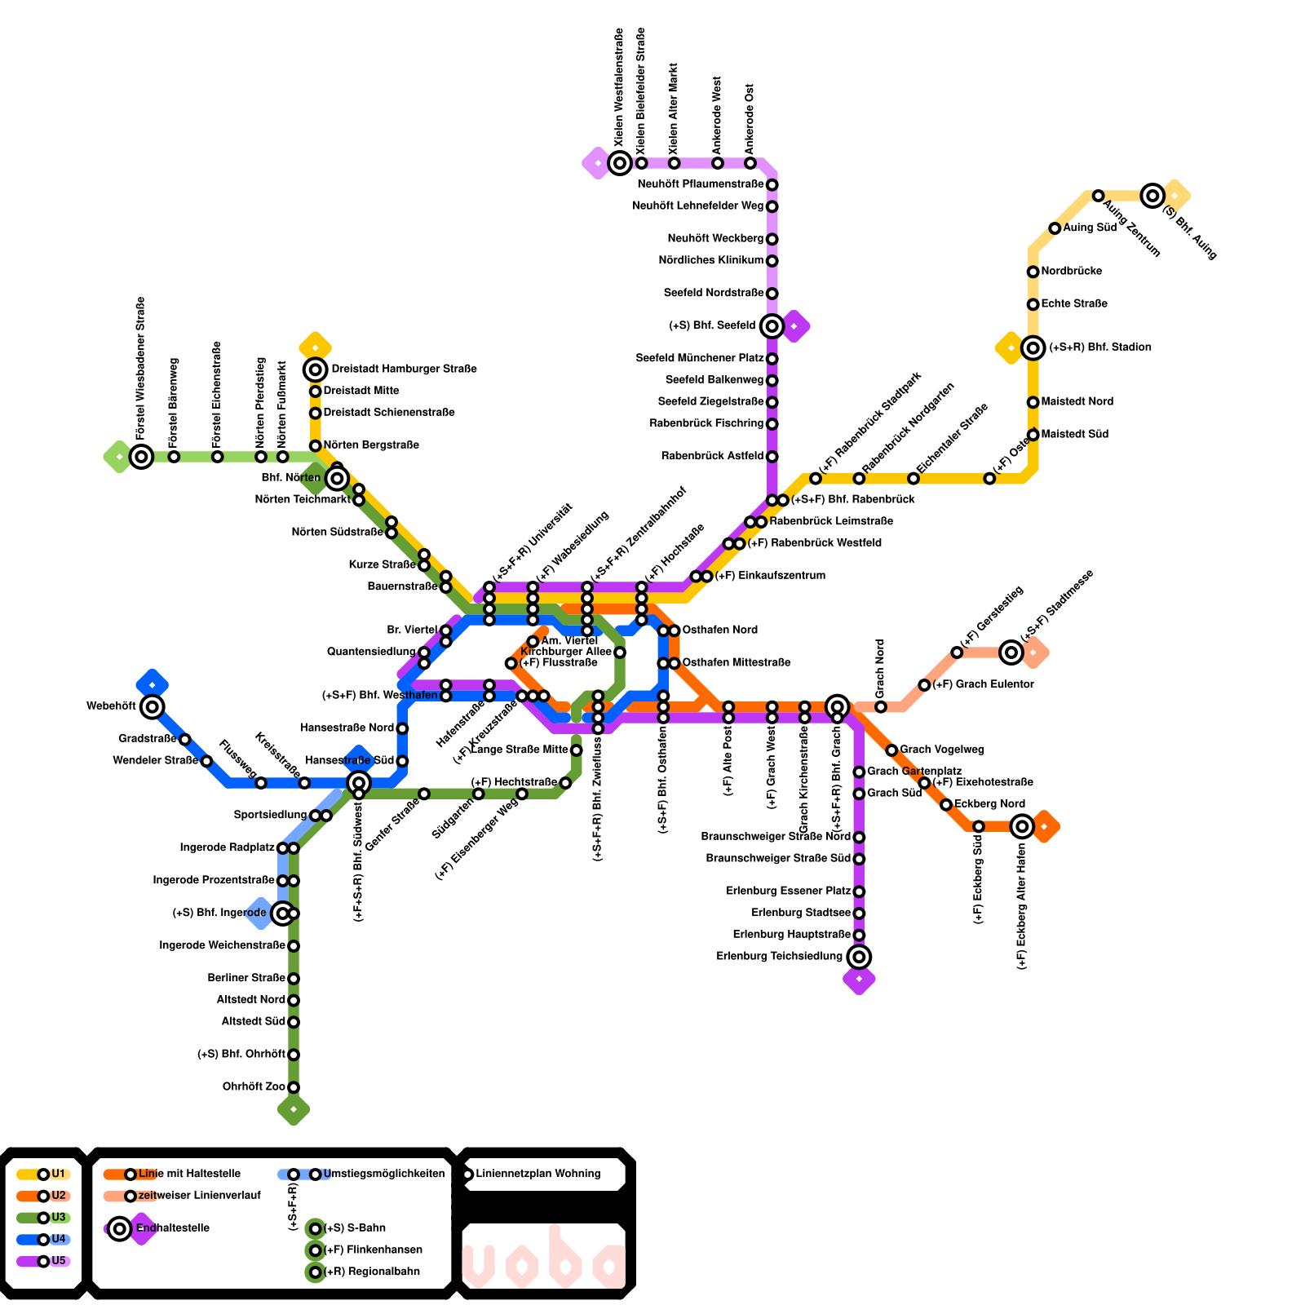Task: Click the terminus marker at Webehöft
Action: tap(153, 706)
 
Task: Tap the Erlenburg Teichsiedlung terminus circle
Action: tap(859, 957)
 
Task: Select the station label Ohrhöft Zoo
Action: tap(254, 1087)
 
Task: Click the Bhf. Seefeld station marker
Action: tap(772, 326)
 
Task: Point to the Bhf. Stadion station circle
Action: tap(1033, 348)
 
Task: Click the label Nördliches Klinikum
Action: tap(711, 261)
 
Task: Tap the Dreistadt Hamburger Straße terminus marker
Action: tap(316, 369)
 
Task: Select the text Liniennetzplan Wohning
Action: tap(538, 1174)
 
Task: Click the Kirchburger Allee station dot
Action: tap(620, 652)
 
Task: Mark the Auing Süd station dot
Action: tap(1055, 228)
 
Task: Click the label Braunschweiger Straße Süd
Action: tap(778, 859)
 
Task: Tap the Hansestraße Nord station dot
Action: tap(402, 728)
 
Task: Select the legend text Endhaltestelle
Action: tap(173, 1228)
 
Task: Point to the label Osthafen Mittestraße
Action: tap(736, 663)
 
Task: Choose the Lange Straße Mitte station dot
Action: tap(576, 750)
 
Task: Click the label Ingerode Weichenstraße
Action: tap(222, 946)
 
